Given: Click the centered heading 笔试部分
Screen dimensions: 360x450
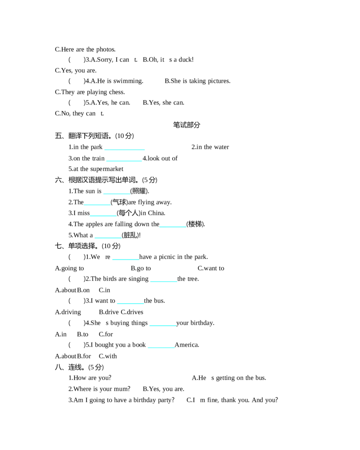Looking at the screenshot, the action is (x=186, y=125).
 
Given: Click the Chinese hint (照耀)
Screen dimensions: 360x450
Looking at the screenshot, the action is (x=139, y=191).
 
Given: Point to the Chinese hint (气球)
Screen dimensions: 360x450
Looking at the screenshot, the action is (x=119, y=202).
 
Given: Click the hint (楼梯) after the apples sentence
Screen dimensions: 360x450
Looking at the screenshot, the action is (x=196, y=224).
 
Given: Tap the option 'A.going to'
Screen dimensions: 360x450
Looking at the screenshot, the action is (x=70, y=268).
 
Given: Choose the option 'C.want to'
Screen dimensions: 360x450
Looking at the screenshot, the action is (x=211, y=268).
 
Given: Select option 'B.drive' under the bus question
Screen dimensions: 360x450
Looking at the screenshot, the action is (x=108, y=312).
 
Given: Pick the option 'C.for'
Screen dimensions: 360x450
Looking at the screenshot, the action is (x=106, y=334).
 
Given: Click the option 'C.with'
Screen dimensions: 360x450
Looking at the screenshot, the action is (x=108, y=356).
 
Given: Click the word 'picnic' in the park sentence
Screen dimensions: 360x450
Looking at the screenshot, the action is (x=167, y=257).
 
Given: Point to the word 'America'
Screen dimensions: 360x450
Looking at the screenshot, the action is (x=187, y=345).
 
